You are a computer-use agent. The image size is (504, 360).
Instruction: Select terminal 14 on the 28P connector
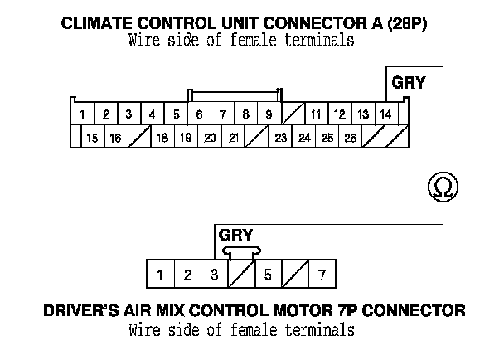coord(385,114)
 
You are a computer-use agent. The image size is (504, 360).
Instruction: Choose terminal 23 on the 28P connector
coord(281,138)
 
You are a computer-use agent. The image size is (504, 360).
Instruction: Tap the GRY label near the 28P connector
coord(408,83)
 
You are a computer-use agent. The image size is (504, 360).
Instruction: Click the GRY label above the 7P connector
coord(235,235)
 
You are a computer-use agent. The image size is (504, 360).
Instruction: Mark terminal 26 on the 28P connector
coord(351,138)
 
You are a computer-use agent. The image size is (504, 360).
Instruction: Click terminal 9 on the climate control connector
coord(269,114)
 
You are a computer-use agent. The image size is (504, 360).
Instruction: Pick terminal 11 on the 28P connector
coord(316,114)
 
